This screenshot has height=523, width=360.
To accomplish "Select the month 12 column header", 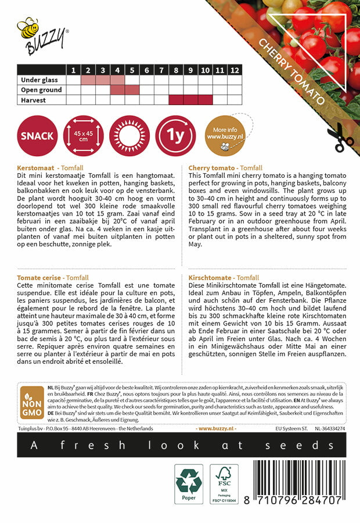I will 234,70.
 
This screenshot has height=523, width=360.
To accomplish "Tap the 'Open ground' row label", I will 41,90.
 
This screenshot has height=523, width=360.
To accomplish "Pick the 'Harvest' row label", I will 34,100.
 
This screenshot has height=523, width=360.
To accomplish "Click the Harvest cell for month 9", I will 190,100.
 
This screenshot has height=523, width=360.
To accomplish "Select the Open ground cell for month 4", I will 117,90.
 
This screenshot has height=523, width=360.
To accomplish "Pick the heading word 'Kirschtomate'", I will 210,278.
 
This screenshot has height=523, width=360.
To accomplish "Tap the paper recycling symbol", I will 189,484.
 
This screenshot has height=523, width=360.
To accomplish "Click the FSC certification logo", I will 224,484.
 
